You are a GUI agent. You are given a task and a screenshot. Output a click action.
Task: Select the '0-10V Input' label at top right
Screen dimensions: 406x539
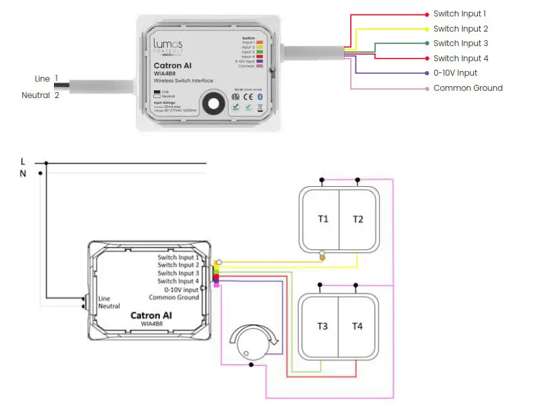(x=455, y=73)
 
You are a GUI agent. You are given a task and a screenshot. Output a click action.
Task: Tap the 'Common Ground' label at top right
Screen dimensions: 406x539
(x=468, y=88)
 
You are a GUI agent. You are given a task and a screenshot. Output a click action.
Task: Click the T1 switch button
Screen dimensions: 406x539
(x=322, y=219)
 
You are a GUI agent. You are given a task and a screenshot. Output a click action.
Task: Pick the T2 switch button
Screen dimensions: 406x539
(x=357, y=219)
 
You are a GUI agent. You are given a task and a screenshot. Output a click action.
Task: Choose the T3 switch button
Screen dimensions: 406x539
(x=322, y=326)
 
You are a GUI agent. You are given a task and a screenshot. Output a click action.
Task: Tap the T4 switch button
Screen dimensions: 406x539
(x=357, y=326)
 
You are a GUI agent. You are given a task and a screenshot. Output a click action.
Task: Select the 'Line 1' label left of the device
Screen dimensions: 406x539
(x=46, y=79)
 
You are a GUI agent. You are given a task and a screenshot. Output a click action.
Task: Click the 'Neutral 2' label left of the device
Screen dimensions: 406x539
(x=40, y=95)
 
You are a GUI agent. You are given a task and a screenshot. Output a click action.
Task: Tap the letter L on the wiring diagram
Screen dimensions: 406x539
(x=23, y=161)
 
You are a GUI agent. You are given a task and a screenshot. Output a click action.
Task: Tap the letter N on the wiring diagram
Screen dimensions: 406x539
(x=23, y=173)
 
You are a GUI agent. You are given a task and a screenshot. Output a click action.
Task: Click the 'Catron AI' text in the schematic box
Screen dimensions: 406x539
(x=151, y=315)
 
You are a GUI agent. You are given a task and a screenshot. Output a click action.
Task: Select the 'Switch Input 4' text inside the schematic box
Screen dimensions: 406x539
(x=178, y=281)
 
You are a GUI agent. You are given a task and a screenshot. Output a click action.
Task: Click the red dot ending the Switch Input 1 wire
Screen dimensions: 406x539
(x=428, y=14)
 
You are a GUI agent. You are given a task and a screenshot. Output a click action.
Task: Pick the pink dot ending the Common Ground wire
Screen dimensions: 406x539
(x=428, y=88)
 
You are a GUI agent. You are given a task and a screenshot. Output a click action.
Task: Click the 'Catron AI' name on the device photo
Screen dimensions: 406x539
(x=172, y=66)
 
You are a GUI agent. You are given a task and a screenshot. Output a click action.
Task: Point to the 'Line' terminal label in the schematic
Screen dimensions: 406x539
(x=104, y=299)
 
